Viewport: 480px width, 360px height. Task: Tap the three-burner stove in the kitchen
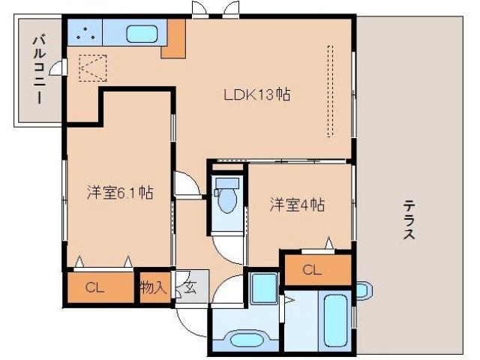point(85,34)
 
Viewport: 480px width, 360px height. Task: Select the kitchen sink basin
point(139,34)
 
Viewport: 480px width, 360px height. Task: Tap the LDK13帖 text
point(256,95)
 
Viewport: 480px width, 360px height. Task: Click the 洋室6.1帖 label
point(119,193)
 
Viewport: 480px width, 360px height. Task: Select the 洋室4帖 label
point(297,205)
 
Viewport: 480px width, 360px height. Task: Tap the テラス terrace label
point(409,218)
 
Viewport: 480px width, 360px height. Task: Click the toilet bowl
point(226,199)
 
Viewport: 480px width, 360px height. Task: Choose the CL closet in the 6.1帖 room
point(94,286)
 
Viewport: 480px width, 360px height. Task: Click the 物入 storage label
point(154,286)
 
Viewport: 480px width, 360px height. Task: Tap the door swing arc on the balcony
point(55,70)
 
